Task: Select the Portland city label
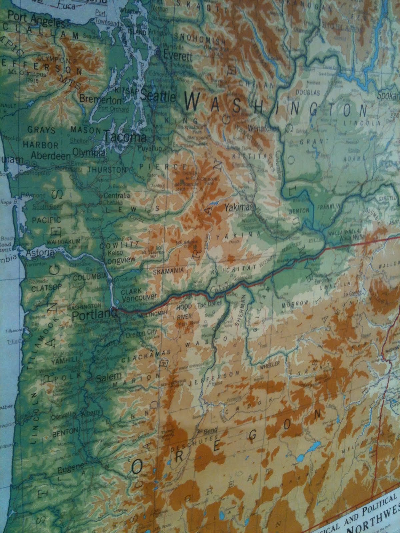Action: pyautogui.click(x=95, y=314)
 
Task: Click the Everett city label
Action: pyautogui.click(x=177, y=56)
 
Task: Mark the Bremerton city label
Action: pyautogui.click(x=100, y=99)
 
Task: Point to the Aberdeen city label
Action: pyautogui.click(x=51, y=156)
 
